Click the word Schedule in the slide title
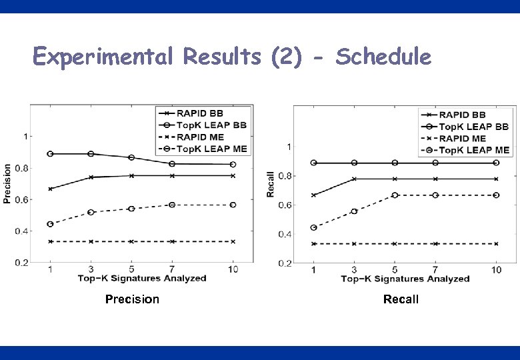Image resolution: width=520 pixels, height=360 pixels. pos(383,57)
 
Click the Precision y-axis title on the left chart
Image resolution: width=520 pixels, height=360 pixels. pos(7,183)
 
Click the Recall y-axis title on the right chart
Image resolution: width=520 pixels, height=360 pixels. pos(271,183)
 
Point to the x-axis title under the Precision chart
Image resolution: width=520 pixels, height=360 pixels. pos(141,278)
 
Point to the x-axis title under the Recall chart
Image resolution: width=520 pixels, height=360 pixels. pos(405,279)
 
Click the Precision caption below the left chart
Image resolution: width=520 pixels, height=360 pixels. pos(132,299)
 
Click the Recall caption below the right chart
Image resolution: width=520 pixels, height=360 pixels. pos(401,299)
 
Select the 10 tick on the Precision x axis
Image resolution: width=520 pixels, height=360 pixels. pos(233,269)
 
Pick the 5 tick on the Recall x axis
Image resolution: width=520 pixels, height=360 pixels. pos(395,269)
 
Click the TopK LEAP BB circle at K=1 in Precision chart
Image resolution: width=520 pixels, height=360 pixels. pos(51,154)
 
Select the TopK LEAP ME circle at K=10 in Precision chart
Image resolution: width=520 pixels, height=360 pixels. pos(233,205)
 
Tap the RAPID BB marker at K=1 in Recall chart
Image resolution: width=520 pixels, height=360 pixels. pos(313,195)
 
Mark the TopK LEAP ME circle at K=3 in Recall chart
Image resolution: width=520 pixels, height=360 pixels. pos(354,211)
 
